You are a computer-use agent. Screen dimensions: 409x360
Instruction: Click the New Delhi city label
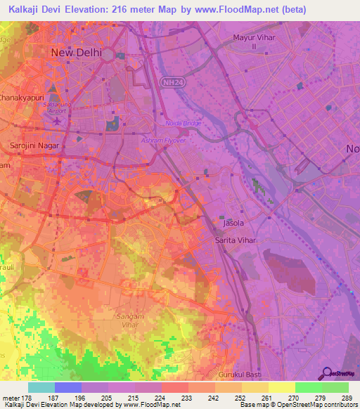pos(76,53)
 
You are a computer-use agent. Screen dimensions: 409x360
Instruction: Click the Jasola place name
pos(233,223)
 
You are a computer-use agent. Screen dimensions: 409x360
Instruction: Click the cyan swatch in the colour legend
pos(41,387)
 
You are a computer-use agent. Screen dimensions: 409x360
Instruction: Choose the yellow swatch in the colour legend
pos(281,387)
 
